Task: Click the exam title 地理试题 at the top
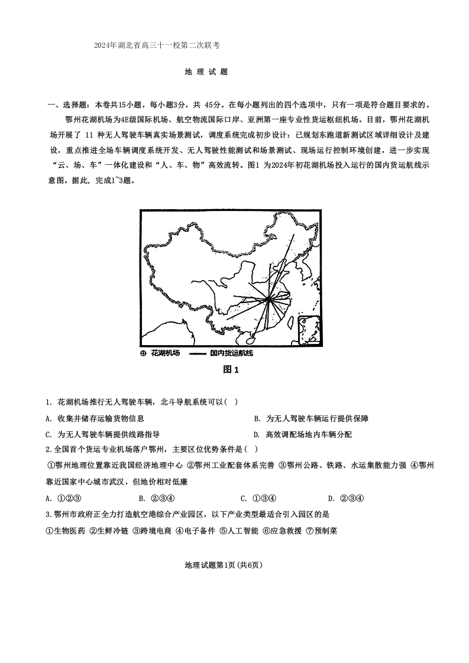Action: [206, 72]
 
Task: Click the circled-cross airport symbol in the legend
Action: [143, 353]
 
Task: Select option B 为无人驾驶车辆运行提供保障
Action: [311, 418]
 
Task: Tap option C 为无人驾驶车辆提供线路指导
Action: [102, 434]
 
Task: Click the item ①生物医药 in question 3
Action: [65, 531]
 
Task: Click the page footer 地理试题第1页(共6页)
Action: [224, 565]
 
